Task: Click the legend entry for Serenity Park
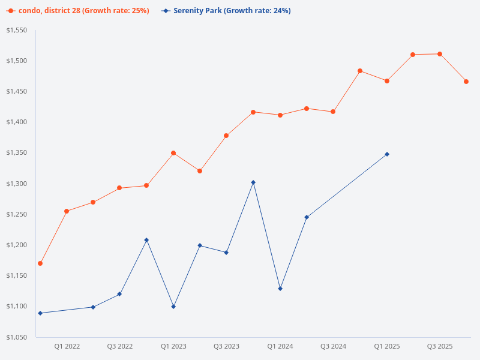(x=232, y=11)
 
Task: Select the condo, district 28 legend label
(x=83, y=11)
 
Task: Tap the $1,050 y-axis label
(x=17, y=337)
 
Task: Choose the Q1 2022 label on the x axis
(x=67, y=346)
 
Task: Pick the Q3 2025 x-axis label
(x=440, y=346)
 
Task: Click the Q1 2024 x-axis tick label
(x=280, y=346)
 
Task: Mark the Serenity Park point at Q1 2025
(x=387, y=154)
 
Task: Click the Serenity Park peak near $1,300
(x=253, y=182)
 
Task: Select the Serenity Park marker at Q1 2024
(x=280, y=289)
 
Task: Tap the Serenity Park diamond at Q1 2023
(x=173, y=307)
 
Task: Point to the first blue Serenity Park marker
(x=40, y=313)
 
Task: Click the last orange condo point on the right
(x=466, y=82)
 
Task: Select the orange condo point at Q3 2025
(x=440, y=54)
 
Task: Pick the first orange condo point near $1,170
(x=40, y=263)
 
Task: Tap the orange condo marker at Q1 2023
(x=173, y=153)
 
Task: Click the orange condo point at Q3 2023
(x=226, y=136)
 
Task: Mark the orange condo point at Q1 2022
(x=67, y=211)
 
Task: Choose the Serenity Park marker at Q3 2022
(x=119, y=294)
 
